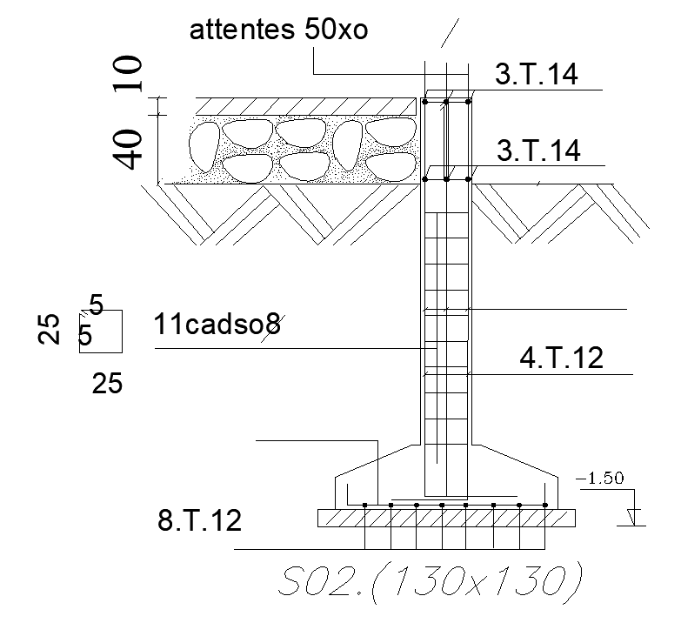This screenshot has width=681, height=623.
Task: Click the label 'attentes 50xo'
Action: (x=278, y=30)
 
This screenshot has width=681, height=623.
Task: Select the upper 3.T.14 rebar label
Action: (x=537, y=74)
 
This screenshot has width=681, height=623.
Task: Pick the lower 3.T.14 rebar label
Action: (x=538, y=151)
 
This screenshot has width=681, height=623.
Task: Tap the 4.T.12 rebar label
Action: (x=562, y=358)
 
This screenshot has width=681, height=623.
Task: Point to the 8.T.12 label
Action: (x=199, y=520)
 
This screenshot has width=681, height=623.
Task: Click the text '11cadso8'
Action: (x=217, y=324)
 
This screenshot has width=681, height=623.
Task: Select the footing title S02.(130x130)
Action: (x=430, y=582)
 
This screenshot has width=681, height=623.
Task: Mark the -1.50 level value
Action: (x=600, y=479)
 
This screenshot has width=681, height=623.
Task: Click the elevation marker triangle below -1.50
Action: (x=634, y=517)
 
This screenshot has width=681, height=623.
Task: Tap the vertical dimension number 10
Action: (x=128, y=74)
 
